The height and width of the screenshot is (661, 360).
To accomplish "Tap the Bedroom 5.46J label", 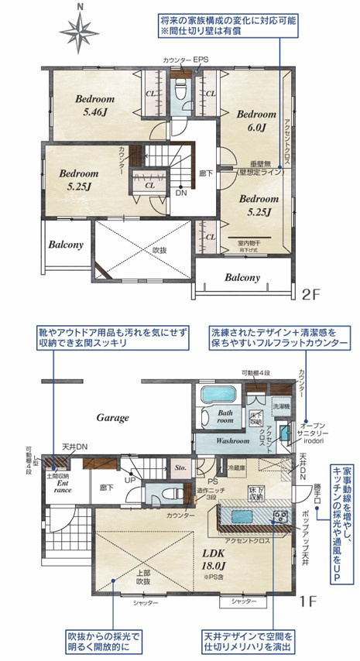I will pos(94,105).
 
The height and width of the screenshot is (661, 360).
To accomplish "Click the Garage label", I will pos(112,417).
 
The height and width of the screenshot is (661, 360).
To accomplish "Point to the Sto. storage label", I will pos(180,468).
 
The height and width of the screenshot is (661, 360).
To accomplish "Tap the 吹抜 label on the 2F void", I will pos(159,252).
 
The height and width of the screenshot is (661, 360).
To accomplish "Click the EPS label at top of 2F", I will pos(201,59).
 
